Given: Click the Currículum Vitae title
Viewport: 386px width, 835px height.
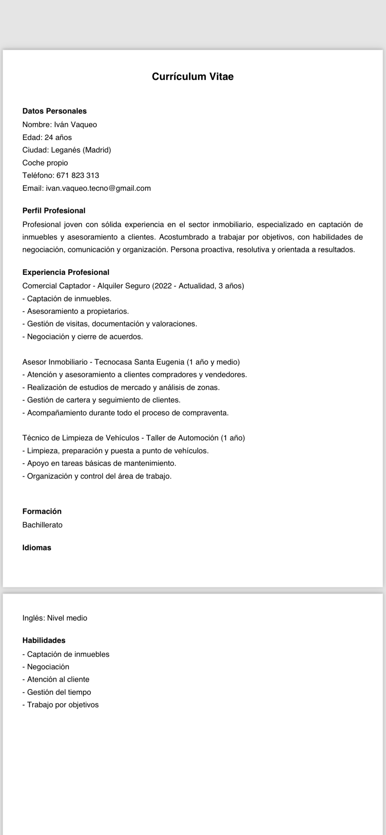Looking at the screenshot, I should (193, 77).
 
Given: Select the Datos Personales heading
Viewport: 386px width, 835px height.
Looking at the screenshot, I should (54, 111).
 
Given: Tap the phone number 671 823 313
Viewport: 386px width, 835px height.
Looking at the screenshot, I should (78, 175).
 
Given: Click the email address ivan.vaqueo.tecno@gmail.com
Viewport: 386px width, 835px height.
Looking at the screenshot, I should (98, 188).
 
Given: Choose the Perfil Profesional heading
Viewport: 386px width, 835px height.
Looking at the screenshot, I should (54, 211).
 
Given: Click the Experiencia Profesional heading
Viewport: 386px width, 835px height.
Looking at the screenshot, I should (66, 272).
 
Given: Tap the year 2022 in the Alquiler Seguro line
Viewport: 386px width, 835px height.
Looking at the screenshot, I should (163, 286).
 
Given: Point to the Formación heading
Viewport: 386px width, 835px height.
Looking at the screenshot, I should (42, 511).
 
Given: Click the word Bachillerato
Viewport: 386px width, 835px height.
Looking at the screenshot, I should (42, 525).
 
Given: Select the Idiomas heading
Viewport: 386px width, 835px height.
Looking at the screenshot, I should (37, 548).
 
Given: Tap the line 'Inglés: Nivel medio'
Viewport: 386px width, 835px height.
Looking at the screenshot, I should (55, 618).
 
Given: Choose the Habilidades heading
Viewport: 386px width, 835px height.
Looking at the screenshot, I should (44, 640).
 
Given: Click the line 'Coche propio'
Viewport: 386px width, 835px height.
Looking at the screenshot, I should (45, 163).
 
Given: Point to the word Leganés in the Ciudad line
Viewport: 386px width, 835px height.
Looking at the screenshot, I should (66, 150).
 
